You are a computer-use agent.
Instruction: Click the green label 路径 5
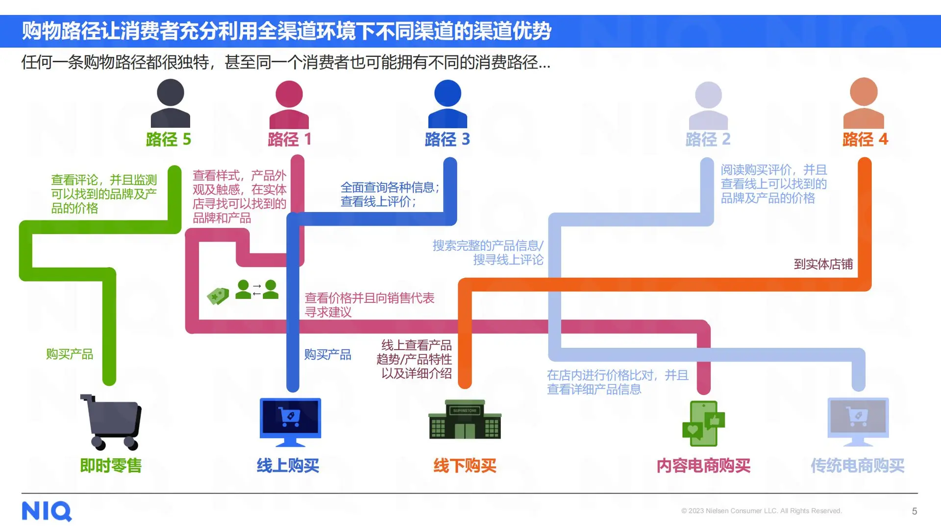[169, 140]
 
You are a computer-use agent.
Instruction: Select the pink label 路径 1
[290, 140]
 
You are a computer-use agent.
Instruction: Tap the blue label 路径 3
[447, 140]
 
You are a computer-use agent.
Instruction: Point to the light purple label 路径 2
[708, 140]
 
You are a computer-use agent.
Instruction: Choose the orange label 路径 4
[865, 140]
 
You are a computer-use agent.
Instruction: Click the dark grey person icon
[170, 103]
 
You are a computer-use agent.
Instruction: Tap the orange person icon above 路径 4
[864, 103]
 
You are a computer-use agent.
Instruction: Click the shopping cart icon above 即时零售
[112, 422]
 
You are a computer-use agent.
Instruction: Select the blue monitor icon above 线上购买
[290, 422]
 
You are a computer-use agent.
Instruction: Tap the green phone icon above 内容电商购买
[704, 424]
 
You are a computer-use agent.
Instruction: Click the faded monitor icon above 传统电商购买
[858, 422]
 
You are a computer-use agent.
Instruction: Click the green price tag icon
[218, 296]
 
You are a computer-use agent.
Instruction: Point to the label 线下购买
[465, 465]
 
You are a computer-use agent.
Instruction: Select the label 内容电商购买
[703, 465]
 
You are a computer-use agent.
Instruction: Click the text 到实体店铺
[823, 264]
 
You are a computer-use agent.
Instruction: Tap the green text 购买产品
[70, 354]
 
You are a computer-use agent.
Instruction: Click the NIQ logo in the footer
[47, 511]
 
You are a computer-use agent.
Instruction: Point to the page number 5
[915, 511]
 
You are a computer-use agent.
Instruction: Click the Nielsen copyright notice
[761, 511]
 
